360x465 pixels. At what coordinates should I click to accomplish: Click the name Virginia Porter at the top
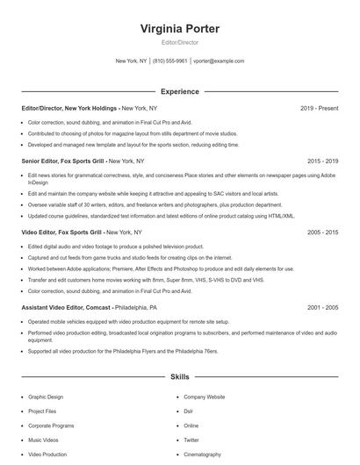point(180,29)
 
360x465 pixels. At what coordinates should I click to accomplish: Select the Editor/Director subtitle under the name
point(180,42)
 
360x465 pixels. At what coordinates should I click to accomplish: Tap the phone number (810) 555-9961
point(170,61)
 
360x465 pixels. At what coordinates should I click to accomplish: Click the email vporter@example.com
point(219,61)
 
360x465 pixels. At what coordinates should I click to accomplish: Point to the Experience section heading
point(180,91)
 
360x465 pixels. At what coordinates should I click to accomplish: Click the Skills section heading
point(180,377)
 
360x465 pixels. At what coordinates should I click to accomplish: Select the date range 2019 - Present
point(319,108)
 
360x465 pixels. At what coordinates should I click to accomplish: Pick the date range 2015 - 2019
point(322,161)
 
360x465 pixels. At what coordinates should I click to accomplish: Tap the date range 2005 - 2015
point(322,232)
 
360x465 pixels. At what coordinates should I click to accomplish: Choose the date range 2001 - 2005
point(322,308)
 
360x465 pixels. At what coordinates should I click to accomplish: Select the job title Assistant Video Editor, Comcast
point(66,308)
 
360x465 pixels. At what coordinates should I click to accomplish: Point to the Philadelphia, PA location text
point(136,308)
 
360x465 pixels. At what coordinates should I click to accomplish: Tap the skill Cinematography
point(202,454)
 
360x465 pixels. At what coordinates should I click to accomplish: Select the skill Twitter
point(191,440)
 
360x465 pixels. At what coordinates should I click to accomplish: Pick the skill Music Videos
point(43,440)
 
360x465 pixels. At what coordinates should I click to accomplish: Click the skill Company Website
point(204,397)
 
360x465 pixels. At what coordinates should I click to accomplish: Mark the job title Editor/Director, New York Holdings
point(68,108)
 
